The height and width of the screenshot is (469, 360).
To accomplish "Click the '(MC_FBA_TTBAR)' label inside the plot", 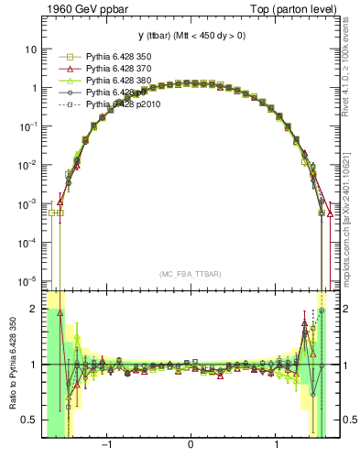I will pos(190,273).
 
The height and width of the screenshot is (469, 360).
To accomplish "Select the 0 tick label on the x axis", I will pos(190,446).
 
